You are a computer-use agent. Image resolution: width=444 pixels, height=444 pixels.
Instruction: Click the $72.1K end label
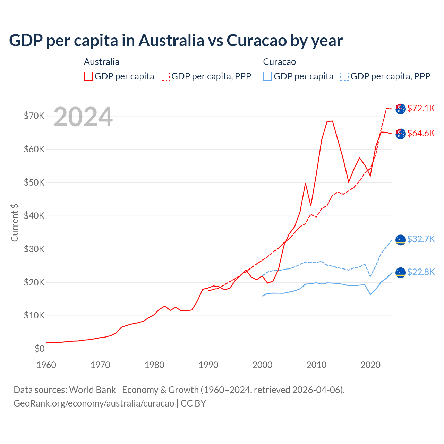(421, 108)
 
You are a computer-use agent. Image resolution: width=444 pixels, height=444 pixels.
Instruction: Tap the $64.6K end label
(421, 133)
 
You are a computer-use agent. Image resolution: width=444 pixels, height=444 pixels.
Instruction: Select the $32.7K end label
(421, 239)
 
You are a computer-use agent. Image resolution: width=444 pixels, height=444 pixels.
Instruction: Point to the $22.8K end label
(421, 272)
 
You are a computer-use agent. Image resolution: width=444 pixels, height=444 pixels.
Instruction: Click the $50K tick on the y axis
(34, 182)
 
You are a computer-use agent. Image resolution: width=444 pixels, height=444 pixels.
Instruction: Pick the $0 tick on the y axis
(40, 349)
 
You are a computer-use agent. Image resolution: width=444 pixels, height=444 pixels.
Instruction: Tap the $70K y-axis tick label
(34, 116)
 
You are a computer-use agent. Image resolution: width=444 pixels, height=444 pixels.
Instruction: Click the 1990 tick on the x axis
(208, 365)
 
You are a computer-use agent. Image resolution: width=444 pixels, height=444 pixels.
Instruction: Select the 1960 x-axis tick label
(46, 365)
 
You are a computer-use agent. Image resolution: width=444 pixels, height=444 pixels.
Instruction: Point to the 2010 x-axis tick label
(316, 365)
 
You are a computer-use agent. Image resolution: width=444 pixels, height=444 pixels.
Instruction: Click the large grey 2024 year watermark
(83, 117)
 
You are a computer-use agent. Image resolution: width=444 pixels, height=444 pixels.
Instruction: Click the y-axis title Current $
(15, 222)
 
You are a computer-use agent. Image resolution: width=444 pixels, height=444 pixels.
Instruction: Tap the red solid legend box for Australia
(88, 76)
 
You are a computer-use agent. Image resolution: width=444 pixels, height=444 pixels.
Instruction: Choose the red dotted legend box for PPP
(165, 76)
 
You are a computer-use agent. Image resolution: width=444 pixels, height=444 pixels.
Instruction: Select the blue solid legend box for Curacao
(267, 76)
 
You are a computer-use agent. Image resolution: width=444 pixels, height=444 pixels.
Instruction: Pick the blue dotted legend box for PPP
(344, 76)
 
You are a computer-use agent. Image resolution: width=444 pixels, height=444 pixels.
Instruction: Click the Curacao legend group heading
(279, 62)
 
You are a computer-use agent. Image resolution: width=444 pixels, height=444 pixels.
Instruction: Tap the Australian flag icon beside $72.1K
(401, 109)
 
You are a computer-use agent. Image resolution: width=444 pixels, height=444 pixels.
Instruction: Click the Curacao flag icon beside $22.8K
(401, 273)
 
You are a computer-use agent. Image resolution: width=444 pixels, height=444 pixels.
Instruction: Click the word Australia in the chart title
(171, 41)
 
